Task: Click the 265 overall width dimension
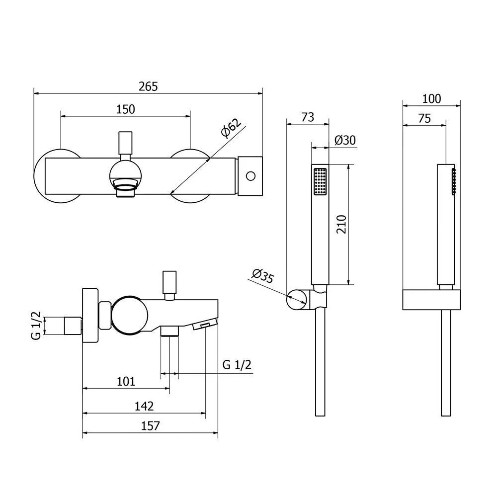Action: pyautogui.click(x=148, y=86)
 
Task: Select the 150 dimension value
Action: pyautogui.click(x=126, y=109)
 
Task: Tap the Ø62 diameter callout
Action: pyautogui.click(x=231, y=128)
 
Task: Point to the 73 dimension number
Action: pyautogui.click(x=308, y=117)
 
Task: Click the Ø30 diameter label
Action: pyautogui.click(x=345, y=140)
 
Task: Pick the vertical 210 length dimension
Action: pyautogui.click(x=341, y=225)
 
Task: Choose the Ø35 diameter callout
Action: pyautogui.click(x=263, y=276)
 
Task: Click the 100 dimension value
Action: pyautogui.click(x=431, y=99)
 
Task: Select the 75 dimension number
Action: pyautogui.click(x=424, y=119)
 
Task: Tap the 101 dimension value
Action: pyautogui.click(x=126, y=381)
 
